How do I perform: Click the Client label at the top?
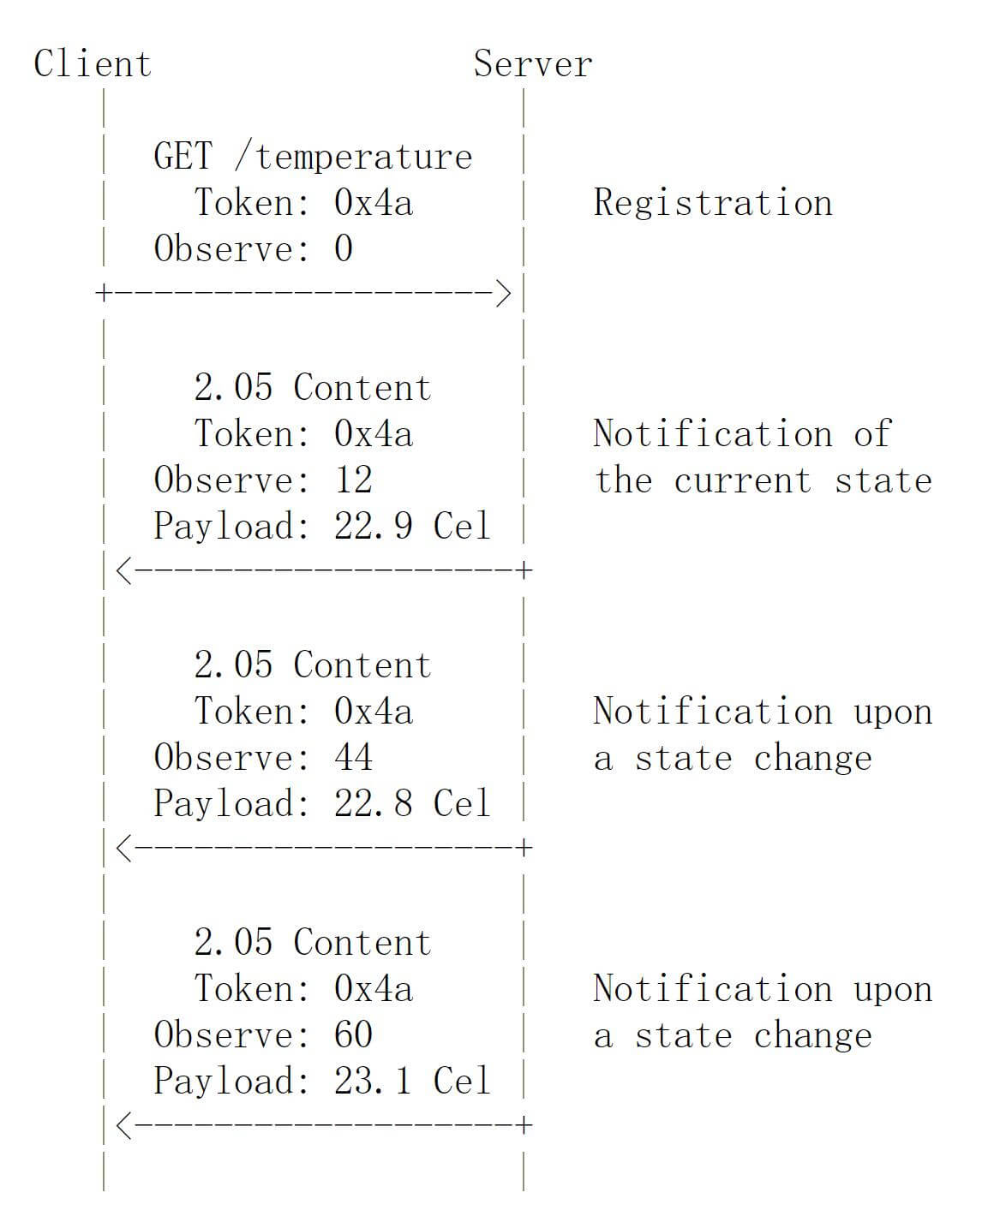[x=93, y=63]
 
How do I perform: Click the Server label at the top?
[x=533, y=63]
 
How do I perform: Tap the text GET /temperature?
[x=313, y=156]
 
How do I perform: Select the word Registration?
[x=712, y=203]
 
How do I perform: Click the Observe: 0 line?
[x=253, y=248]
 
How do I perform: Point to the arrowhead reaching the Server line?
[x=503, y=294]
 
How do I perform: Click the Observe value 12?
[x=353, y=480]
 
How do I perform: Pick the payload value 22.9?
[x=373, y=526]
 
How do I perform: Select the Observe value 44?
[x=353, y=757]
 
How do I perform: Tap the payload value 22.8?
[x=373, y=802]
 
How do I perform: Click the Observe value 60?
[x=353, y=1034]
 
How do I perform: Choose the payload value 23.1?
[x=373, y=1081]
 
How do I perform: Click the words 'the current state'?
[x=763, y=480]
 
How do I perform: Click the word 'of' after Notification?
[x=872, y=433]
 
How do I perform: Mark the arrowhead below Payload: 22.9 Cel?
[x=124, y=571]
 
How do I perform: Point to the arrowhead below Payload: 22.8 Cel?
[x=124, y=848]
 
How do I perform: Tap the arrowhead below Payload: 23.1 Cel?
[x=124, y=1125]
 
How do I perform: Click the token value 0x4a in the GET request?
[x=373, y=202]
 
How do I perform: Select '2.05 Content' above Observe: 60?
[x=312, y=942]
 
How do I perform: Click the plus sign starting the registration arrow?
[x=104, y=294]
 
